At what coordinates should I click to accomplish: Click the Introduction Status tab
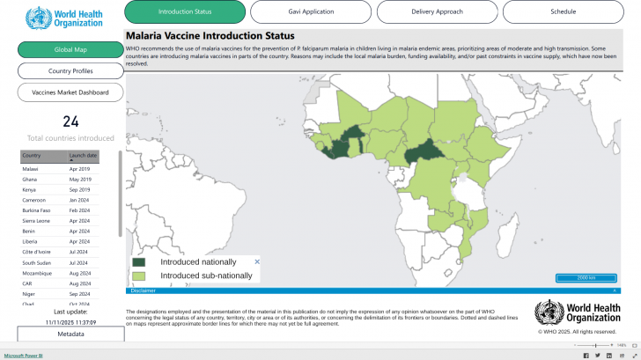pos(185,11)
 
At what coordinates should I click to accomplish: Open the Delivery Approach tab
pos(438,11)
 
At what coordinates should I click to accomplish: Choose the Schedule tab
pos(564,11)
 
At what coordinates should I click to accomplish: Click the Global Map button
pos(70,49)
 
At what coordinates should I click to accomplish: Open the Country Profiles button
pos(70,71)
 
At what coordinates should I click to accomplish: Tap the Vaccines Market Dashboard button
pos(70,92)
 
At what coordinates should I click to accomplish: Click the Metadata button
pos(70,334)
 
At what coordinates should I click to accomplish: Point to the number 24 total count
pos(70,122)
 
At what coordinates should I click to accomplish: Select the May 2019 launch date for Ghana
pos(80,179)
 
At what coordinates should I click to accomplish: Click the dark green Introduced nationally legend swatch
pos(139,262)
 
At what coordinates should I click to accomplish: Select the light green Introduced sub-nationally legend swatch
pos(139,276)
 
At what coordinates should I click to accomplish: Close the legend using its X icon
pos(257,261)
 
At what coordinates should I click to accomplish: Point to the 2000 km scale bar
pos(586,278)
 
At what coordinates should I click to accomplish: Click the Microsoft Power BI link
pos(23,355)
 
